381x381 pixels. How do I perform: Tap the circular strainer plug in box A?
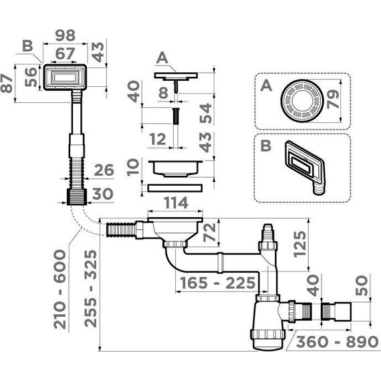click(302, 102)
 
